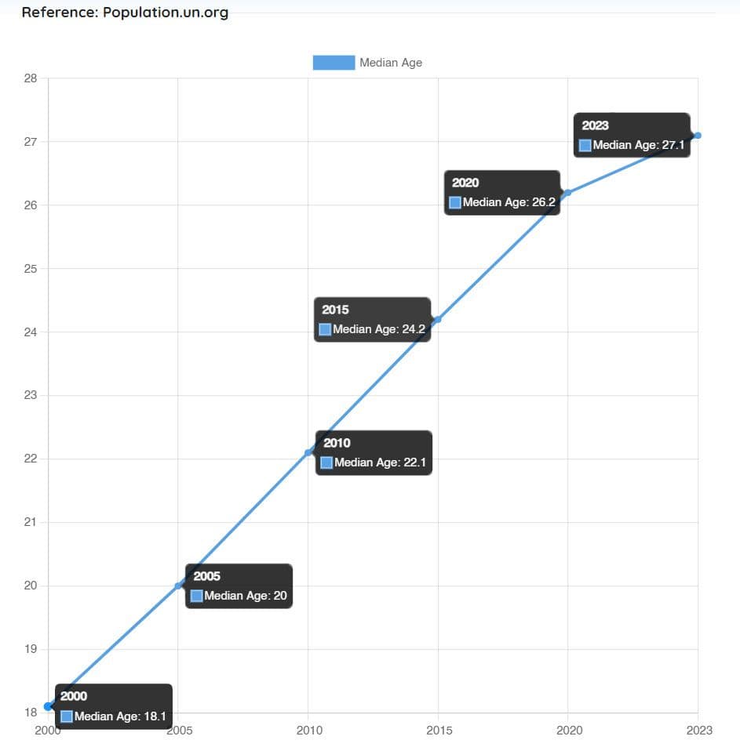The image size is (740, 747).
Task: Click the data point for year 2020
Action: point(567,193)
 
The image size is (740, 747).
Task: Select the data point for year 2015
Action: point(437,319)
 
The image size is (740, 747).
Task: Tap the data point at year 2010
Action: point(308,452)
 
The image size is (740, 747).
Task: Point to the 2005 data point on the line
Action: point(178,586)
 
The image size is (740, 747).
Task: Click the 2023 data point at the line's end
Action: point(698,136)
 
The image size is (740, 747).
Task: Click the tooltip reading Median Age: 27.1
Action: point(632,135)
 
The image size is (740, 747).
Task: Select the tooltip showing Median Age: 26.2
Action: point(502,193)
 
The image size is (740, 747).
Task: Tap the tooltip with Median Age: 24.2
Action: point(373,320)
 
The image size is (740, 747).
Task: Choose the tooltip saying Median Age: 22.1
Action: point(374,453)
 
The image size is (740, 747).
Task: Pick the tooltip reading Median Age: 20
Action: point(239,586)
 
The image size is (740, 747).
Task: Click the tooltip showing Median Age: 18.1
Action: point(113,706)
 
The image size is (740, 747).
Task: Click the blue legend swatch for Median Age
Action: point(334,63)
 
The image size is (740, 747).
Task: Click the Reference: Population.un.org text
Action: point(125,13)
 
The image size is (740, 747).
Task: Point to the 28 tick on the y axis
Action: point(31,78)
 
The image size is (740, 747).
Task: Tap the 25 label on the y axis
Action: point(31,269)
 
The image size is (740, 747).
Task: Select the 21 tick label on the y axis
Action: point(31,523)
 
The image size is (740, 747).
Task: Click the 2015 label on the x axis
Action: point(439,731)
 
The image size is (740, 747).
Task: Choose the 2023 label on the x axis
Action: point(698,731)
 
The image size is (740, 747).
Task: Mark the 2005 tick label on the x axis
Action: point(179,731)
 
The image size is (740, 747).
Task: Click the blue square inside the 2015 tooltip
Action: point(325,329)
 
